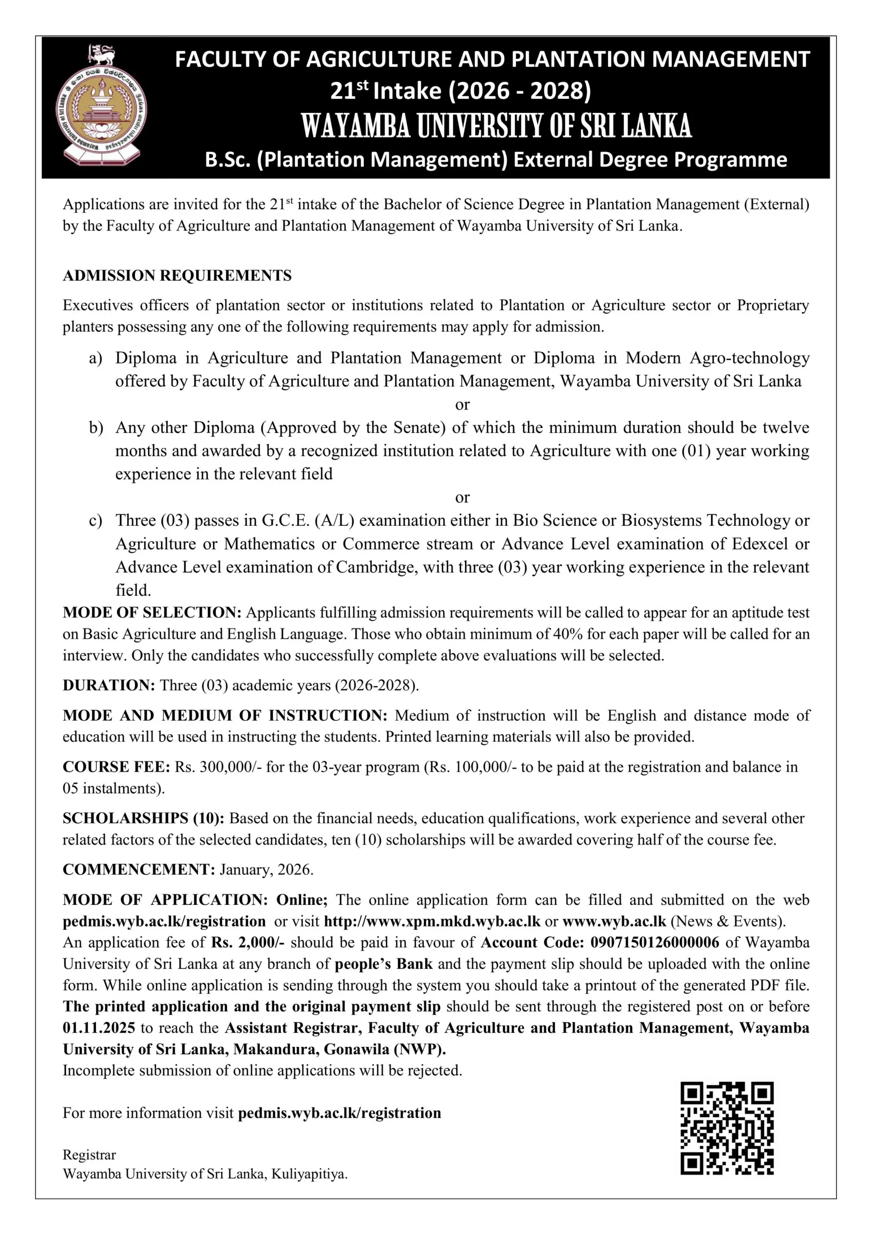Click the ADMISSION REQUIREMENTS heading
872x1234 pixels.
177,276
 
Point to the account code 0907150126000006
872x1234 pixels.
654,942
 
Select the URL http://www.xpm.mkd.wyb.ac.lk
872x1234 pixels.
432,921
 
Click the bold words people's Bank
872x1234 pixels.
383,964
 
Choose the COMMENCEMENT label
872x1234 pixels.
139,869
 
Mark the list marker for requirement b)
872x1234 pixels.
96,428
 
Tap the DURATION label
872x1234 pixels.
108,685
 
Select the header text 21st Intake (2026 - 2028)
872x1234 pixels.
461,91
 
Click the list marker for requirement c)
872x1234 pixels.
96,521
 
